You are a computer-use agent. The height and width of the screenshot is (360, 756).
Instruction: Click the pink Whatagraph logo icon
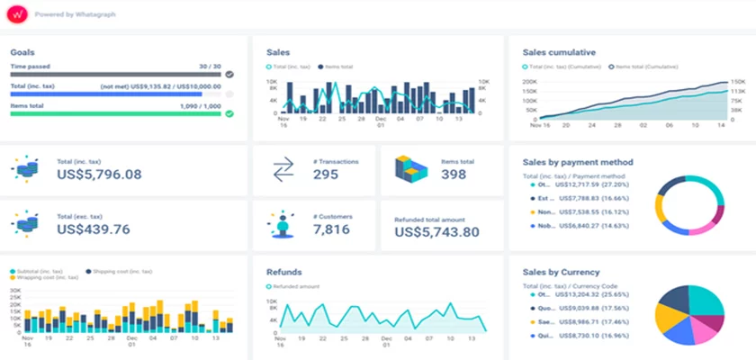pos(17,14)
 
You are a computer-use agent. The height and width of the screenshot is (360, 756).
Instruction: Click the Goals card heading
pos(22,52)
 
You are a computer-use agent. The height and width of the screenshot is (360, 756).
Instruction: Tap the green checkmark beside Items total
pos(229,113)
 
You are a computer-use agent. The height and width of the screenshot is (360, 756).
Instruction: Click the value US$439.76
pos(93,229)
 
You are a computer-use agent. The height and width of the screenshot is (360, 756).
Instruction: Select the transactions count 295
pos(326,175)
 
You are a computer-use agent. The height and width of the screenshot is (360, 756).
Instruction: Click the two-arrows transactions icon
pos(283,169)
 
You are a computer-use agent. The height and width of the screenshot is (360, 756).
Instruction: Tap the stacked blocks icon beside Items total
pos(413,169)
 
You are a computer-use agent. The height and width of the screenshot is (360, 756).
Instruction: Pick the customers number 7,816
pos(330,230)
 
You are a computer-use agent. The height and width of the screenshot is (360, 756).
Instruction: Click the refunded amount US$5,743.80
pos(436,232)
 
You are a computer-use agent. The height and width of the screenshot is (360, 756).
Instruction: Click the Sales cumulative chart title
pos(559,52)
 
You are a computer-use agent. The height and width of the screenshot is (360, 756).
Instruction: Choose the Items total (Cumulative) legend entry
pos(643,67)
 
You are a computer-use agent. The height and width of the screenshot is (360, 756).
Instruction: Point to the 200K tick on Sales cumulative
pos(529,82)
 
